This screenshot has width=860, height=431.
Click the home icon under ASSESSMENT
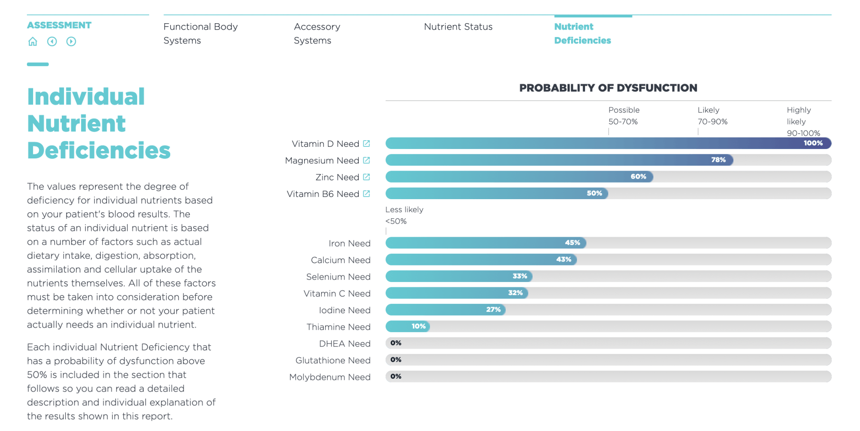[x=33, y=42]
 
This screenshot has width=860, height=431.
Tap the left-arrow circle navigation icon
[x=52, y=42]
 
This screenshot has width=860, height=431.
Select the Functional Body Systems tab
[x=200, y=34]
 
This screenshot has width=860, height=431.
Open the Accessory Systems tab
[x=317, y=34]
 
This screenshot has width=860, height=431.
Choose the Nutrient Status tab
[x=458, y=27]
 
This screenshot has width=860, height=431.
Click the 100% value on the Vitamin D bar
[x=813, y=143]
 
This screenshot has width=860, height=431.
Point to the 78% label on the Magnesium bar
[x=718, y=160]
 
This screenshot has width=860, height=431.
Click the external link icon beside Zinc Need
[x=366, y=177]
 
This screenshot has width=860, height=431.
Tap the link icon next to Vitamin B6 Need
[x=366, y=194]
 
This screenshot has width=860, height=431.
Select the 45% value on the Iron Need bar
[x=572, y=243]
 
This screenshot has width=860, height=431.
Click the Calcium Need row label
[x=340, y=260]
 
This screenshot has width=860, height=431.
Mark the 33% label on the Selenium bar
[x=520, y=276]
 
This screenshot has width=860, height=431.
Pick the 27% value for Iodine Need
[x=493, y=310]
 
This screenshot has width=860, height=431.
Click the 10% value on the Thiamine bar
[x=418, y=326]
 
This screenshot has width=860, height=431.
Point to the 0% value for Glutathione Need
[x=396, y=360]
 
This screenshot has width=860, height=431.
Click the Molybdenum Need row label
[x=330, y=377]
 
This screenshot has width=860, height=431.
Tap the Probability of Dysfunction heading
[x=608, y=88]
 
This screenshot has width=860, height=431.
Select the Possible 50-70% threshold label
[x=623, y=116]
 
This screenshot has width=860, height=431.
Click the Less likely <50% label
[x=404, y=215]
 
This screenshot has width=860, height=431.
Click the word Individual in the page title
[x=86, y=97]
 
